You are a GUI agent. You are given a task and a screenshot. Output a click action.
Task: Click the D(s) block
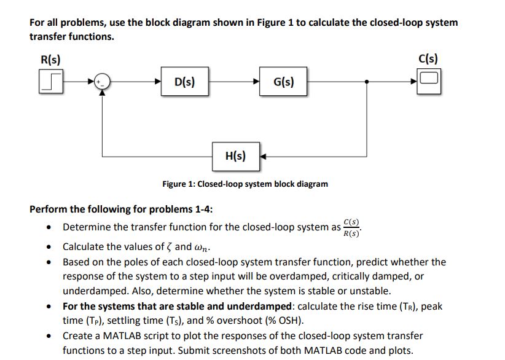[185, 82]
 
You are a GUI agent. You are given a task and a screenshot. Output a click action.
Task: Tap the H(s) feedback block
[235, 155]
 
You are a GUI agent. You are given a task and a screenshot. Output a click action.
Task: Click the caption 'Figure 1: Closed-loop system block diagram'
[245, 184]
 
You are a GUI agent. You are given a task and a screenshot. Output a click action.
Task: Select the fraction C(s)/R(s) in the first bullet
[352, 227]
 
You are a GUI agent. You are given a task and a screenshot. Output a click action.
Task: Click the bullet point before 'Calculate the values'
[49, 247]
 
